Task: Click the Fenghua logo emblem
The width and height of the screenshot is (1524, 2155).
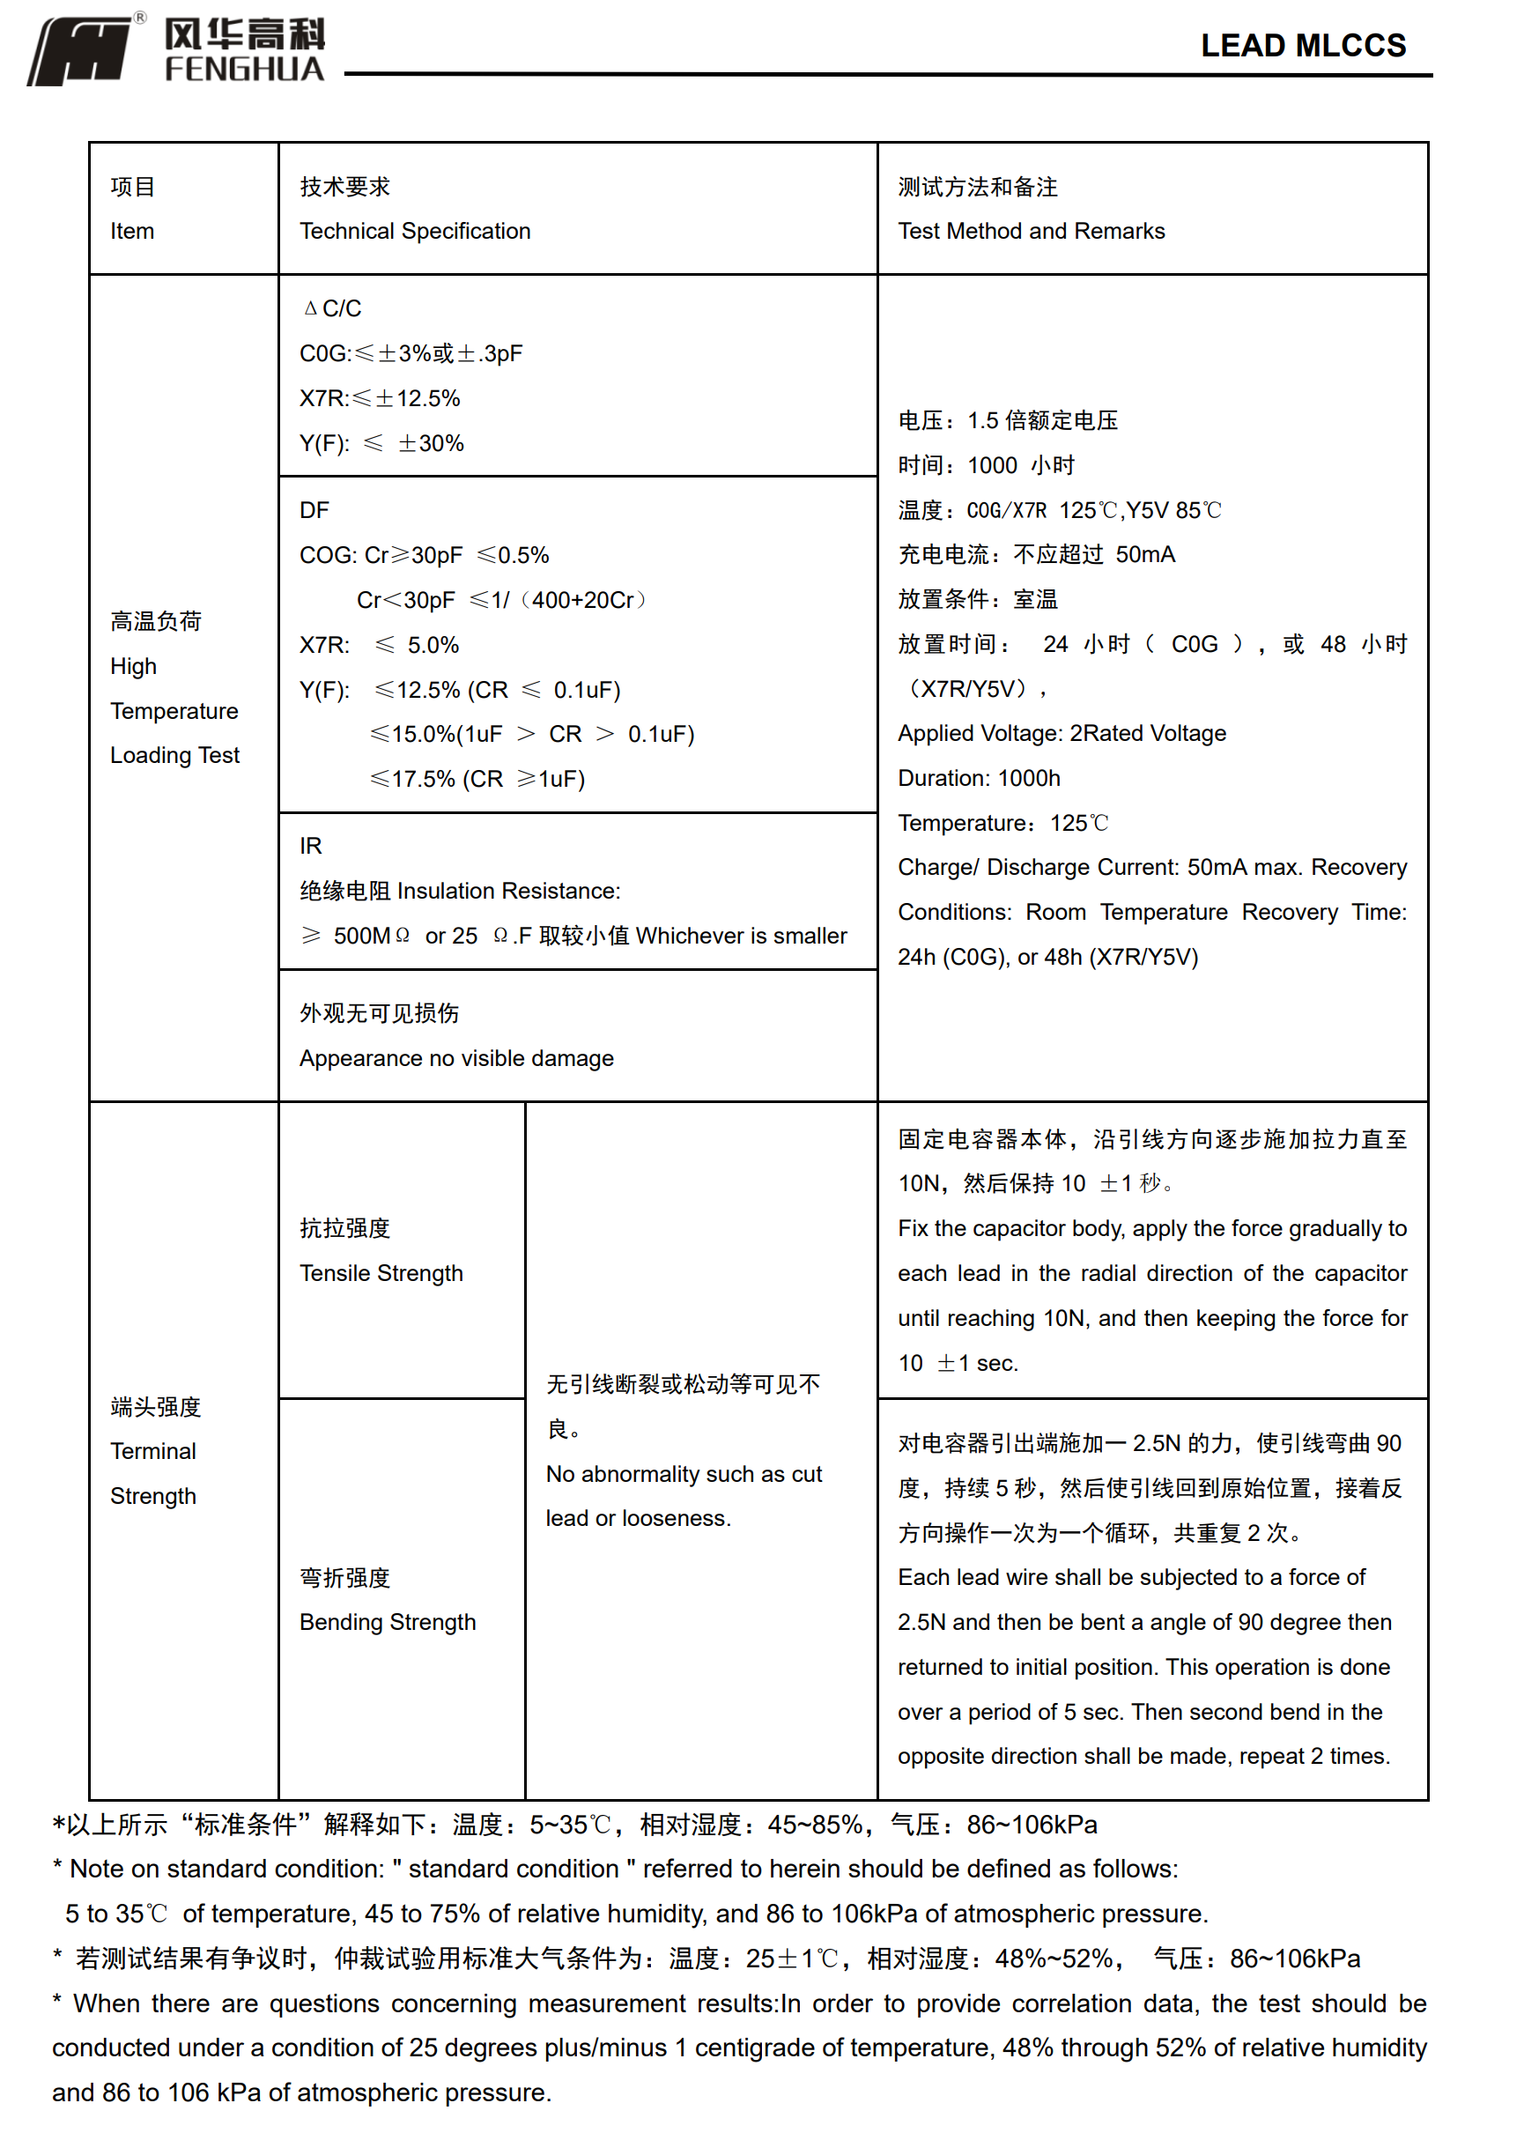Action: coord(83,52)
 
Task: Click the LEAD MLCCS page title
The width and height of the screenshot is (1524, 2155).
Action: coord(1303,45)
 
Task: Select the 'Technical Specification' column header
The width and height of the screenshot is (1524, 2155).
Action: coord(415,231)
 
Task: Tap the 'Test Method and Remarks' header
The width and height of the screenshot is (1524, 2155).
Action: coord(1031,231)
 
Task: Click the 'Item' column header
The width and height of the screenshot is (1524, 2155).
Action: coord(132,231)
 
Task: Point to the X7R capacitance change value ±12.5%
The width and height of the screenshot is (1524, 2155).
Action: coord(418,399)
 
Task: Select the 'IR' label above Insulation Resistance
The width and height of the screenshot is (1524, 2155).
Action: coord(311,846)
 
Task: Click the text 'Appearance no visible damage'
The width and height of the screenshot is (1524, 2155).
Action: coord(456,1058)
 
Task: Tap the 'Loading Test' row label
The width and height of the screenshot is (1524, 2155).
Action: coord(174,756)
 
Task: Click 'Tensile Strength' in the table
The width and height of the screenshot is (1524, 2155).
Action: coord(381,1273)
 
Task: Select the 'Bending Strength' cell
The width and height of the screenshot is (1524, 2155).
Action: coord(388,1622)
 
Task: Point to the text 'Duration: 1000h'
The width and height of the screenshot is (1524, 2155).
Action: coord(979,778)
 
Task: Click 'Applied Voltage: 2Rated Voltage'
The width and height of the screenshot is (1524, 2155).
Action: coord(1062,733)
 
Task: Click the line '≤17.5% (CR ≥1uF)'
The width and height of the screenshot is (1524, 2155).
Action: coord(477,779)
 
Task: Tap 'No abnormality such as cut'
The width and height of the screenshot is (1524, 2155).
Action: coord(684,1475)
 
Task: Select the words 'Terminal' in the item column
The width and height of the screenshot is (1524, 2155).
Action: coord(153,1451)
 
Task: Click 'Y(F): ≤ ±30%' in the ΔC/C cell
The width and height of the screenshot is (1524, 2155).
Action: coord(381,444)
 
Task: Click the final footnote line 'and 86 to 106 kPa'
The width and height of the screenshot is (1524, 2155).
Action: coord(301,2092)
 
